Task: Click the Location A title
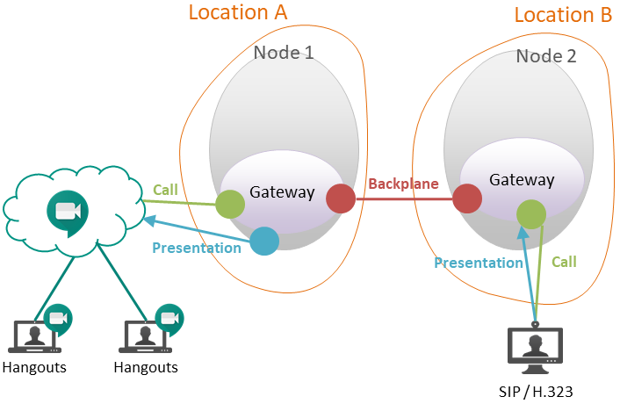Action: point(238,12)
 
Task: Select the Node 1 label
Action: point(283,53)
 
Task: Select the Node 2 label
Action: point(545,56)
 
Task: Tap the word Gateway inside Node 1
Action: point(282,192)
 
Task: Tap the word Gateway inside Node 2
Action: point(522,180)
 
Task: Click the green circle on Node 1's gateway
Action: point(230,205)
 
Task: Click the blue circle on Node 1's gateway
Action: point(264,241)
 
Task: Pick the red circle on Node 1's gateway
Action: point(341,199)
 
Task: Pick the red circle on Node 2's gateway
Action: point(467,198)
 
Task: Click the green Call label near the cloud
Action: point(165,190)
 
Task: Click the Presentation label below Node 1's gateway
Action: point(197,248)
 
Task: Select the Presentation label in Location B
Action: point(479,263)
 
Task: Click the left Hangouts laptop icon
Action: point(33,336)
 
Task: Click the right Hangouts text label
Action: point(146,367)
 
